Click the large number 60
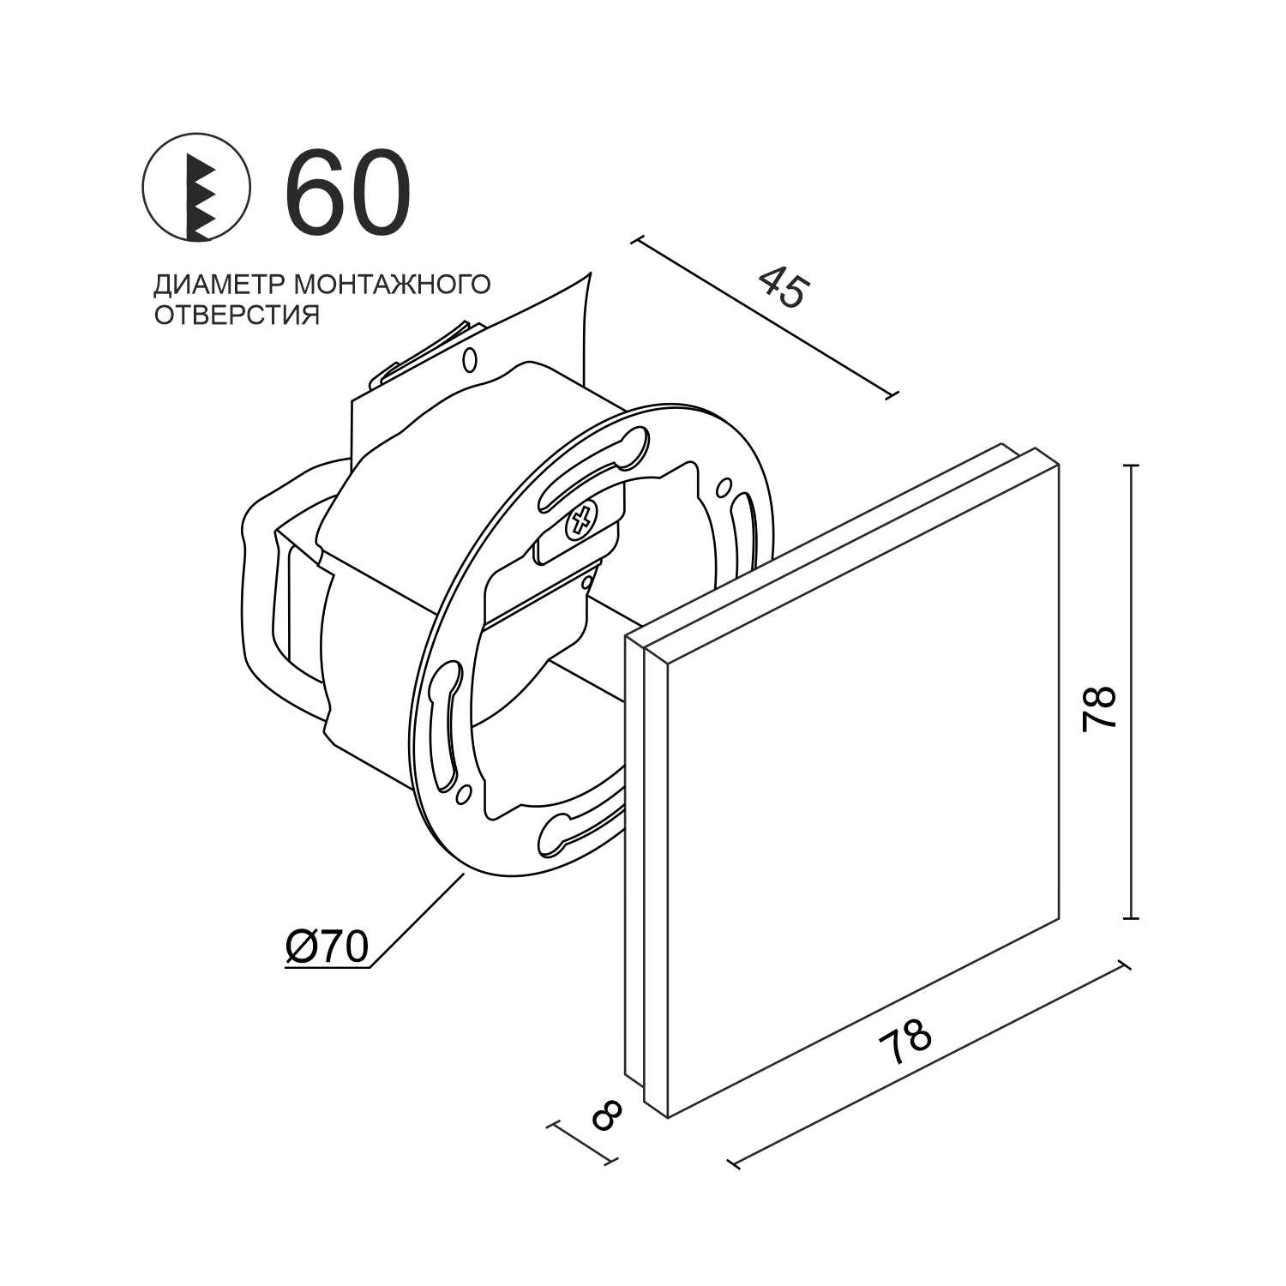[x=347, y=193]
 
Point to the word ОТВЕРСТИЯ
[x=237, y=315]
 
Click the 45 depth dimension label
[x=783, y=286]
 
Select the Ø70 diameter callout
[x=326, y=946]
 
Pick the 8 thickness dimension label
[x=607, y=1115]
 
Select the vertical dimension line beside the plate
[x=1133, y=691]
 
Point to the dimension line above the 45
[x=763, y=318]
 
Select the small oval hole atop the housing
[x=469, y=360]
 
